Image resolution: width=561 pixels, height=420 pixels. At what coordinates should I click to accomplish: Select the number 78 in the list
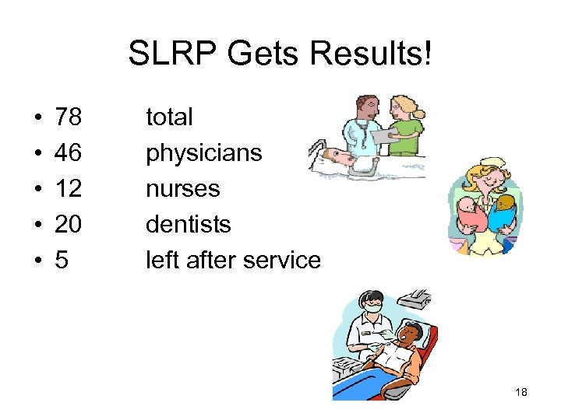(x=68, y=117)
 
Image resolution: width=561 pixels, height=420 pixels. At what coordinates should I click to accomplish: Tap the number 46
(x=68, y=153)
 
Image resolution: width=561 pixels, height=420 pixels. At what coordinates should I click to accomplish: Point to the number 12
(x=68, y=189)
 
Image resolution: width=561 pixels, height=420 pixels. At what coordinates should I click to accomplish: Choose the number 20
(x=68, y=225)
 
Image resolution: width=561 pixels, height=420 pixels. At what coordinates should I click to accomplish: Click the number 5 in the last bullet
(x=62, y=261)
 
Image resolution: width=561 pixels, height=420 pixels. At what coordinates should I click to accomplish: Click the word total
(x=169, y=117)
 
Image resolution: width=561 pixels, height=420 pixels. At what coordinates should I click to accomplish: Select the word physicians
(x=204, y=153)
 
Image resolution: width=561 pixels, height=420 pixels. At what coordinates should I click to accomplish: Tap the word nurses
(x=183, y=189)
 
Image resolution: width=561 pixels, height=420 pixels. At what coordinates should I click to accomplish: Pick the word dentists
(x=189, y=225)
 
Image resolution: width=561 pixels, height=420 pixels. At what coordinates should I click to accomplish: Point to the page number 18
(x=521, y=392)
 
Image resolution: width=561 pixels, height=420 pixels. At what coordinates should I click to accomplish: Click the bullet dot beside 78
(x=38, y=118)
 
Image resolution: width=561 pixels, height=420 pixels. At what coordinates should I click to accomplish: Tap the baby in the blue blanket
(x=503, y=212)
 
